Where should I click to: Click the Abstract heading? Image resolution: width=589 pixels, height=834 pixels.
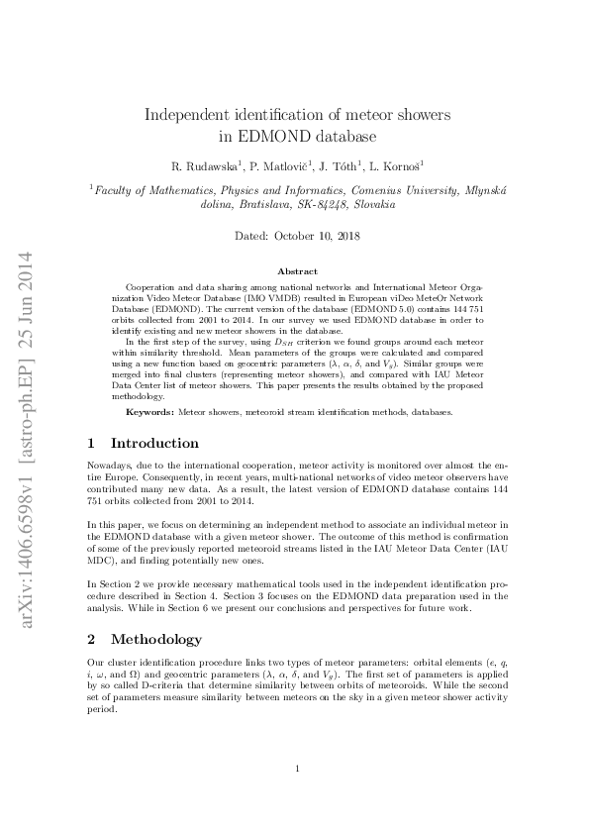click(297, 271)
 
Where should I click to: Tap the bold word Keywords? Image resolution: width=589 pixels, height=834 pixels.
click(150, 411)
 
